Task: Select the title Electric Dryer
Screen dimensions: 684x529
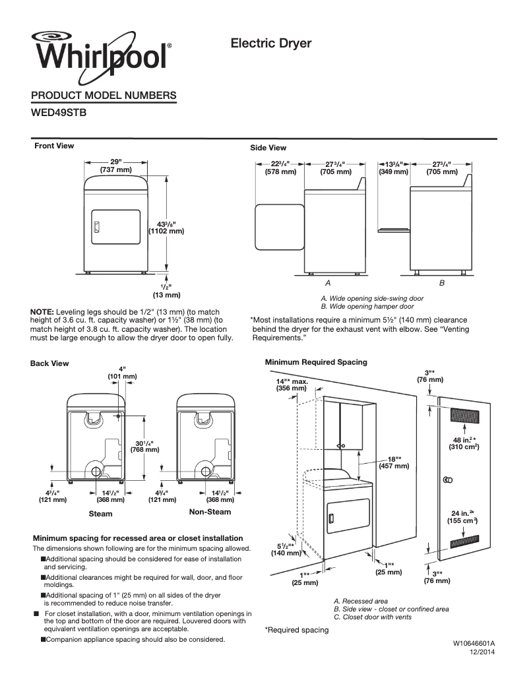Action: tap(270, 44)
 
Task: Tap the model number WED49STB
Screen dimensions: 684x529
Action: tap(59, 112)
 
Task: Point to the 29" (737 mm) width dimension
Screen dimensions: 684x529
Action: tap(116, 166)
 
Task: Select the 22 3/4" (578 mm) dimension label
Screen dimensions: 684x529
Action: tap(280, 168)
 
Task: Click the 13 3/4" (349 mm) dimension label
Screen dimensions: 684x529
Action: tap(393, 168)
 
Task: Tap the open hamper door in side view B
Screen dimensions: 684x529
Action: tap(394, 230)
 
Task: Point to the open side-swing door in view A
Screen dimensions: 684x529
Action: tap(278, 227)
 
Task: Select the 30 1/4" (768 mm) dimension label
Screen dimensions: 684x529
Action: tap(145, 446)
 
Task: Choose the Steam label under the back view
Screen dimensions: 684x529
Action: tap(100, 513)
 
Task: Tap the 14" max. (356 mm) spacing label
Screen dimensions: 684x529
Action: tap(292, 385)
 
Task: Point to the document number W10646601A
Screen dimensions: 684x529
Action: tap(474, 642)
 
